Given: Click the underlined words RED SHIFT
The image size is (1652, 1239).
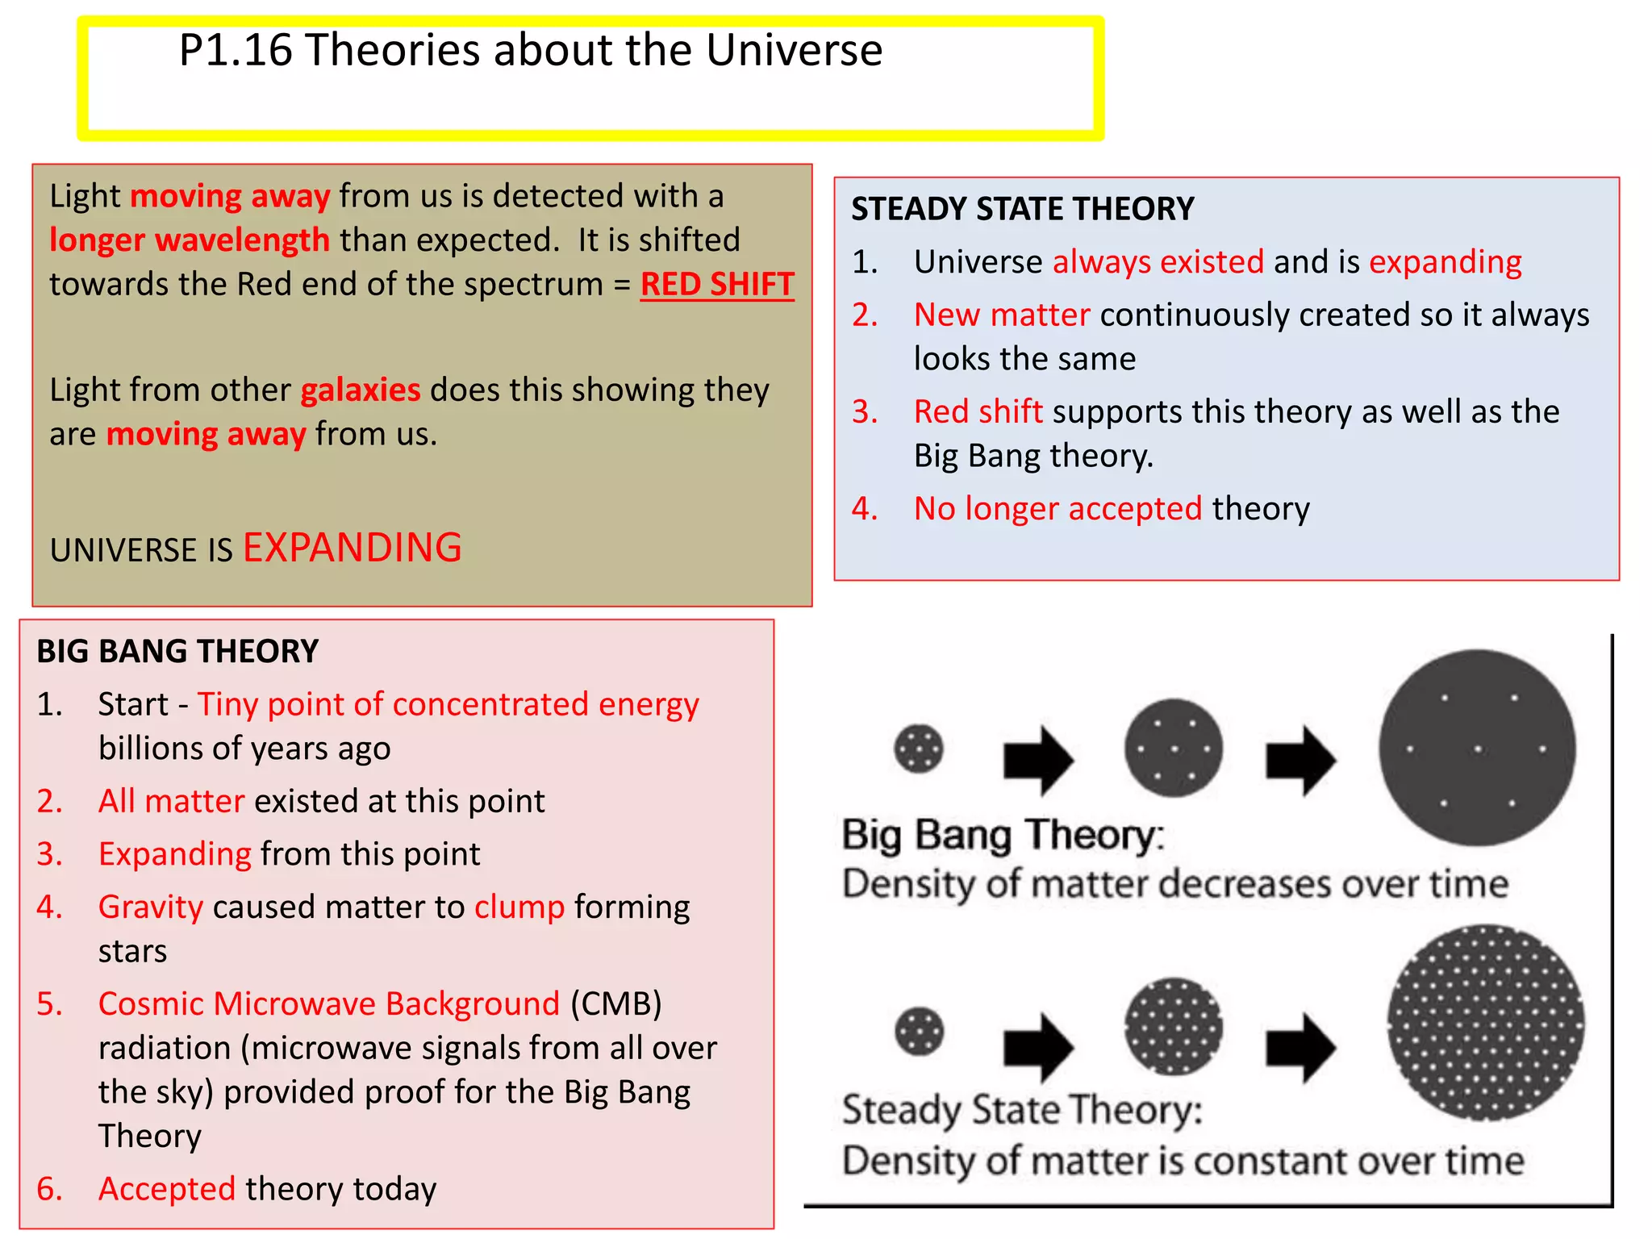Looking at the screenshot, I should (x=716, y=285).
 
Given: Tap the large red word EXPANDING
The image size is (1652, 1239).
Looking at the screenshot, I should (x=353, y=548).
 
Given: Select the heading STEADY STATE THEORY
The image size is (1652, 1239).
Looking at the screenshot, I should (x=1022, y=209).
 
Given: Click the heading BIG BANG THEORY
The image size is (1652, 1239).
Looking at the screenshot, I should (x=177, y=651).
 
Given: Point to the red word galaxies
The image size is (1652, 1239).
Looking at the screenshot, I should (x=361, y=390).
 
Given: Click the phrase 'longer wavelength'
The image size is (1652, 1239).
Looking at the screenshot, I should (x=190, y=240).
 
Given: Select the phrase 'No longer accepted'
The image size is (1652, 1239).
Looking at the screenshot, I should (x=1058, y=509).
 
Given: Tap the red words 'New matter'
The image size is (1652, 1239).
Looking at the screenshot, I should (x=1002, y=315).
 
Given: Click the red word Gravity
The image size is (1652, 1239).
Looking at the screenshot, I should (x=151, y=907).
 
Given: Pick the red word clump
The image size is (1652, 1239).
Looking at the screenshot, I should (x=519, y=907).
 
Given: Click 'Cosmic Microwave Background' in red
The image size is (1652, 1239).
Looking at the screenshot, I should (x=329, y=1004).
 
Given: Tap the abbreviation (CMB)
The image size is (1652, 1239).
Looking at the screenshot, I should (x=616, y=1004).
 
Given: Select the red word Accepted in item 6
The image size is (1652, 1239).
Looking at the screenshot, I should (x=167, y=1189).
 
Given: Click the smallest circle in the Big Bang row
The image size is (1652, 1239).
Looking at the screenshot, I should (x=919, y=749).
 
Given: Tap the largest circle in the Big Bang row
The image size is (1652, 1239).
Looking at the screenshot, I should (x=1476, y=748).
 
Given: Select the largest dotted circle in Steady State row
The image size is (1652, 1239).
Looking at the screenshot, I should (x=1485, y=1022).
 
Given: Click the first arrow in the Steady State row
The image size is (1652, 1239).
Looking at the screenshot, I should (x=1037, y=1047).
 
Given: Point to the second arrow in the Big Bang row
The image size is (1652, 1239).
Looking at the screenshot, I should (x=1299, y=760).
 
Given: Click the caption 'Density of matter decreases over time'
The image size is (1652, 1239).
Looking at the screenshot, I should (x=1174, y=884).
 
